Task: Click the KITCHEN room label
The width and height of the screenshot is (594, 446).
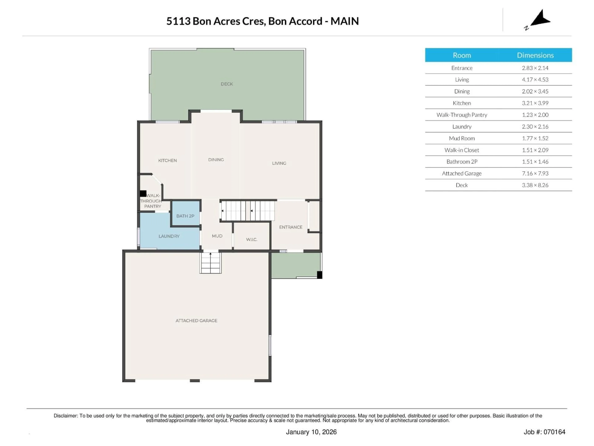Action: click(167, 160)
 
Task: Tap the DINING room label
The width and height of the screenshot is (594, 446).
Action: click(216, 160)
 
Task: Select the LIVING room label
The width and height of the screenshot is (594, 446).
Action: click(279, 163)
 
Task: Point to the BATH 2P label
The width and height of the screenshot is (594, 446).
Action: click(185, 216)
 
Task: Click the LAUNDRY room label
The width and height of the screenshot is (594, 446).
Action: click(169, 236)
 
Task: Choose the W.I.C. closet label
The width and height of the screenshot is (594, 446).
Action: click(252, 239)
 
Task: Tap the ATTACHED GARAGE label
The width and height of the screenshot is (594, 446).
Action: click(196, 320)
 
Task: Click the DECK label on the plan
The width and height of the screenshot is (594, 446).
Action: click(227, 84)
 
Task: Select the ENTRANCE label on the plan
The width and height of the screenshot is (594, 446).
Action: click(291, 227)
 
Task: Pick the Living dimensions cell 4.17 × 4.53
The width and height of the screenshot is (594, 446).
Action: click(535, 80)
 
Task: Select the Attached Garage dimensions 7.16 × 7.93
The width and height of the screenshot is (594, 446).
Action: click(535, 173)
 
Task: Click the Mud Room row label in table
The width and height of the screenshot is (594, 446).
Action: click(462, 138)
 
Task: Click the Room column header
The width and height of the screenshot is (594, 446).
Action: click(462, 55)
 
